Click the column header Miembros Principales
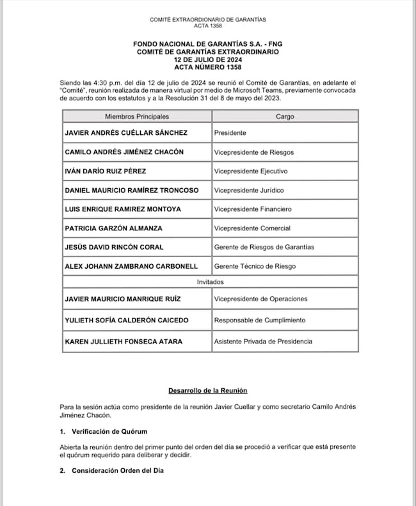[136, 116]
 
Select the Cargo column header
[285, 116]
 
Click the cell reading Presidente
[230, 133]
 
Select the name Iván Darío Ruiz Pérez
[106, 171]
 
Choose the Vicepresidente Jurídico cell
[249, 190]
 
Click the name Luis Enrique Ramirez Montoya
[123, 209]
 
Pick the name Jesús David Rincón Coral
[115, 247]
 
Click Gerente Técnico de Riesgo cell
[255, 266]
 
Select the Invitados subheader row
[211, 281]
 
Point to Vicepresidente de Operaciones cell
[260, 299]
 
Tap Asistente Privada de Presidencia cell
[263, 342]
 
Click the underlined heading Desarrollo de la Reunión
[207, 390]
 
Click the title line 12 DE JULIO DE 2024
[207, 59]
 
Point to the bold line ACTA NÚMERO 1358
[207, 67]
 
